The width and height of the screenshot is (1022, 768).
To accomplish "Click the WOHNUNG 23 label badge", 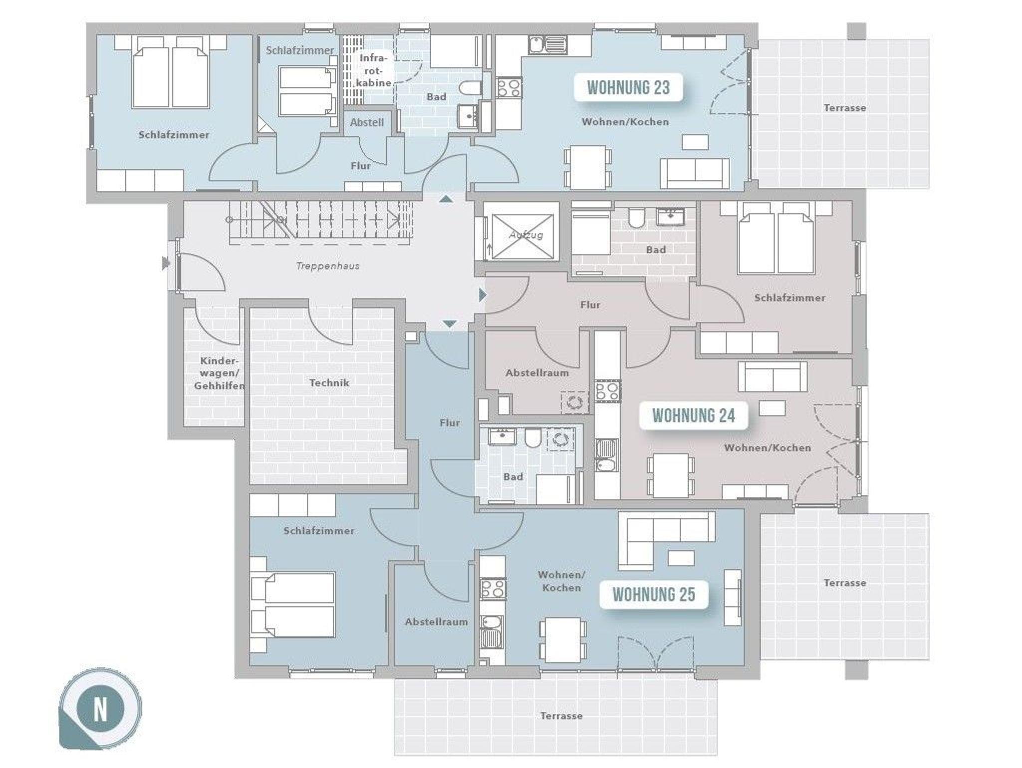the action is pyautogui.click(x=628, y=88).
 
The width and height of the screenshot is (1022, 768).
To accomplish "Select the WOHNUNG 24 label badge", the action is pyautogui.click(x=694, y=415).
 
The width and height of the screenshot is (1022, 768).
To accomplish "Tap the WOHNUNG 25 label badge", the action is pyautogui.click(x=654, y=595).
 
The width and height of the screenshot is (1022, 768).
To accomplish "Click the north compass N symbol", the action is pyautogui.click(x=100, y=709).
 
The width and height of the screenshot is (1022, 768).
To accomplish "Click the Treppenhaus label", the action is pyautogui.click(x=328, y=266).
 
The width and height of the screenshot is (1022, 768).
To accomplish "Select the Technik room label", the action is pyautogui.click(x=329, y=383).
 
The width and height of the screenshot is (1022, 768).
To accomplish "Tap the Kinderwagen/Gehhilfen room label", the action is pyautogui.click(x=219, y=374).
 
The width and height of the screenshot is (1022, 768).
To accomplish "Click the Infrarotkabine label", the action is pyautogui.click(x=375, y=70).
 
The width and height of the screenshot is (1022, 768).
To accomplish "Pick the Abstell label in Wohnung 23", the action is pyautogui.click(x=367, y=122).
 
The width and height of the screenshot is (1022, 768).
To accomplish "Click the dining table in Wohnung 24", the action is pyautogui.click(x=671, y=474).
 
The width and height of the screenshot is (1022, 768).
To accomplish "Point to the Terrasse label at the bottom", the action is pyautogui.click(x=561, y=716).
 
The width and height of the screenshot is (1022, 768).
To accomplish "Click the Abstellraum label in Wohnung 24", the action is pyautogui.click(x=537, y=373).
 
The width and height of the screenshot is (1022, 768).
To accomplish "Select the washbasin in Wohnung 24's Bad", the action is pyautogui.click(x=671, y=217).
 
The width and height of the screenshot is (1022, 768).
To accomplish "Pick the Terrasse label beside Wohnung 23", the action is pyautogui.click(x=845, y=108).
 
